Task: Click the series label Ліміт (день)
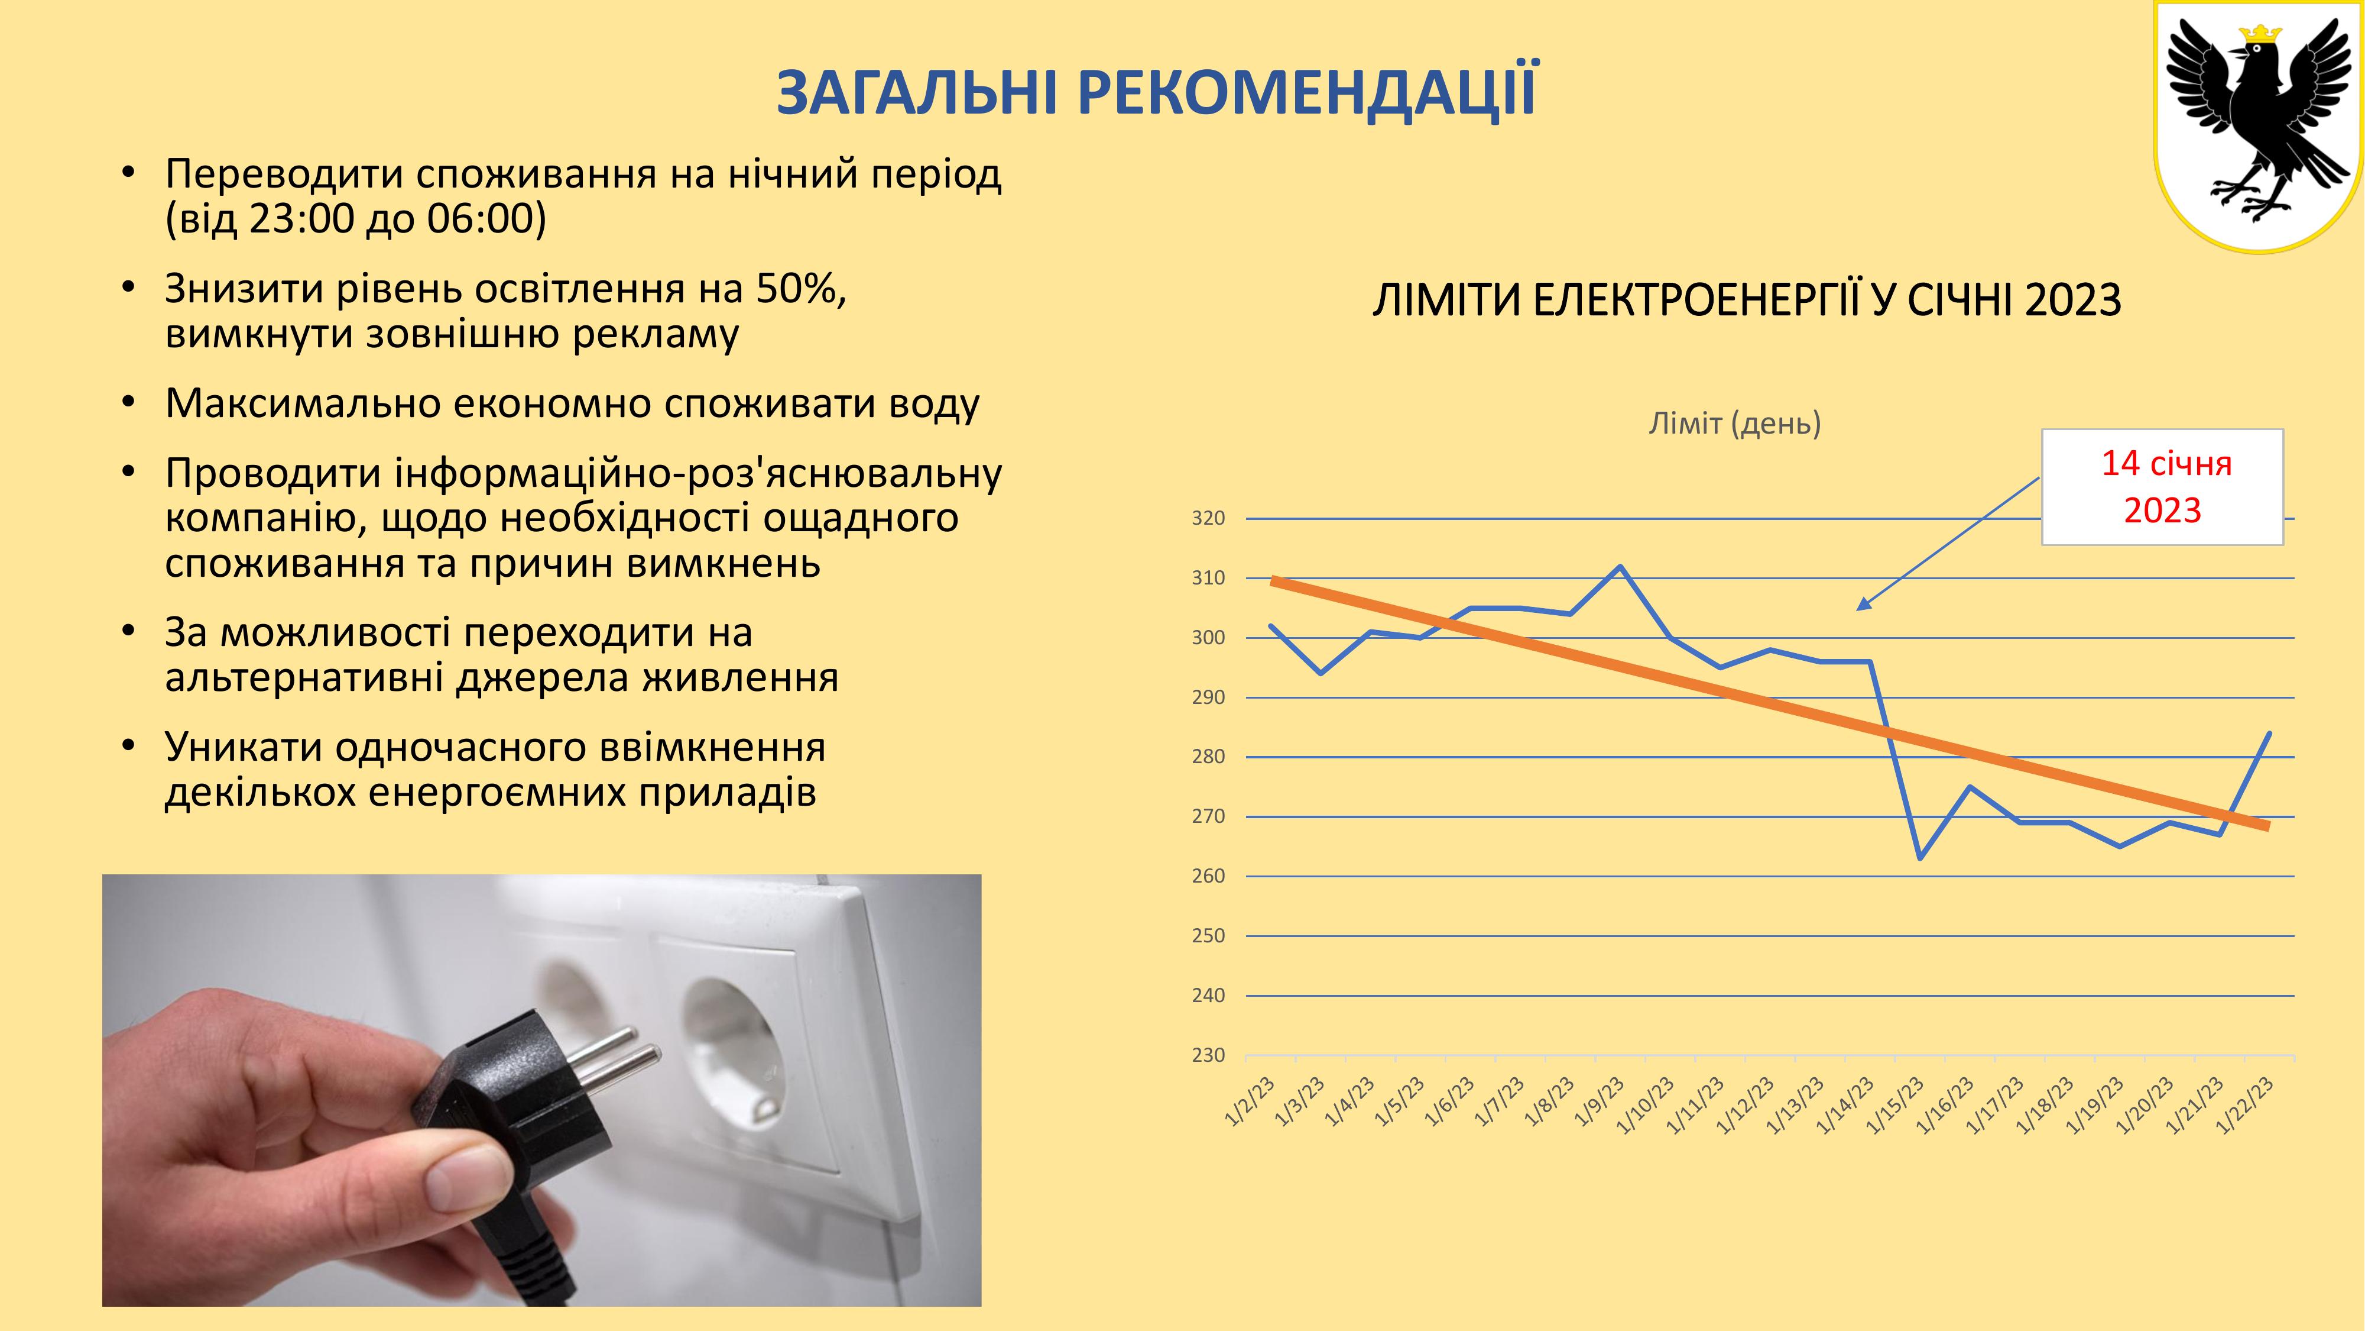click(x=1734, y=424)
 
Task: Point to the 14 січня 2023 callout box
click(x=2162, y=487)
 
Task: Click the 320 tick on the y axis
click(x=1208, y=519)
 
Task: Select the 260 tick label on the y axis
click(x=1208, y=876)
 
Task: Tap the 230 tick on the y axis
click(x=1208, y=1055)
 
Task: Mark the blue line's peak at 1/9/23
click(x=1620, y=566)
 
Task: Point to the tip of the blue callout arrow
click(x=1857, y=609)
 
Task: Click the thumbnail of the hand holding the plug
click(x=541, y=1090)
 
